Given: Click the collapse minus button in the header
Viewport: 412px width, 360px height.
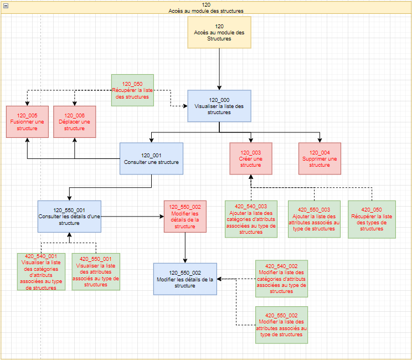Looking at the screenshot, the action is (6, 6).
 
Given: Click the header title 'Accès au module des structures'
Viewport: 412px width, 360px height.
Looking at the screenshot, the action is (206, 11).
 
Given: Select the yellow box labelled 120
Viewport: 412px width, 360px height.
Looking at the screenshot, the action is (219, 32).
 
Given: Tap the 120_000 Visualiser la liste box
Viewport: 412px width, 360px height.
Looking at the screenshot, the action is (219, 106).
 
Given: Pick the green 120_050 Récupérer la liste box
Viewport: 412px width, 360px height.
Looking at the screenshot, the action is (132, 90).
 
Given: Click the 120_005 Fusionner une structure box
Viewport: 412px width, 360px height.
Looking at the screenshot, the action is (27, 122).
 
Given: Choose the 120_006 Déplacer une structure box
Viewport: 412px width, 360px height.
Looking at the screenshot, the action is (75, 122).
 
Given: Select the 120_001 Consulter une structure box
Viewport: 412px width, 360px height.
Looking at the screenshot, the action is (151, 158).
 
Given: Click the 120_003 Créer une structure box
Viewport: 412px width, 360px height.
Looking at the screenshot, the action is (251, 158).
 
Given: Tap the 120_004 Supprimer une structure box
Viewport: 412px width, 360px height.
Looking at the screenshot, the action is (320, 158).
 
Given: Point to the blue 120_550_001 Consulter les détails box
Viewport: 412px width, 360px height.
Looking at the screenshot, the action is (69, 217).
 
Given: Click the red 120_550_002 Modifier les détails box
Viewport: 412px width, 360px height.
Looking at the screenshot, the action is (186, 217).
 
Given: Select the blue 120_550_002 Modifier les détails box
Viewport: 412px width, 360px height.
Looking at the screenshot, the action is (186, 279).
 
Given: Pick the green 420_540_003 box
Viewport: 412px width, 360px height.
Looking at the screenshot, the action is (251, 219).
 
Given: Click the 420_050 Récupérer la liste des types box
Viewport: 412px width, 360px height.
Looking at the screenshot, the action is (372, 219).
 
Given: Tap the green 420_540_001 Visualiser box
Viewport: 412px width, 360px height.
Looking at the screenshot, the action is (41, 272).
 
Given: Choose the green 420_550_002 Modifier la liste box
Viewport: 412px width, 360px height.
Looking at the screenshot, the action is (282, 325).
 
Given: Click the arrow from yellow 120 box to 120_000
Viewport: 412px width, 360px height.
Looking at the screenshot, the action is (219, 69).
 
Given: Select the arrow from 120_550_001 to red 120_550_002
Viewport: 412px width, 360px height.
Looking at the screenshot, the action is (132, 217).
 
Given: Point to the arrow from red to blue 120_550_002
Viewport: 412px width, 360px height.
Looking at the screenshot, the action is (186, 248).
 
